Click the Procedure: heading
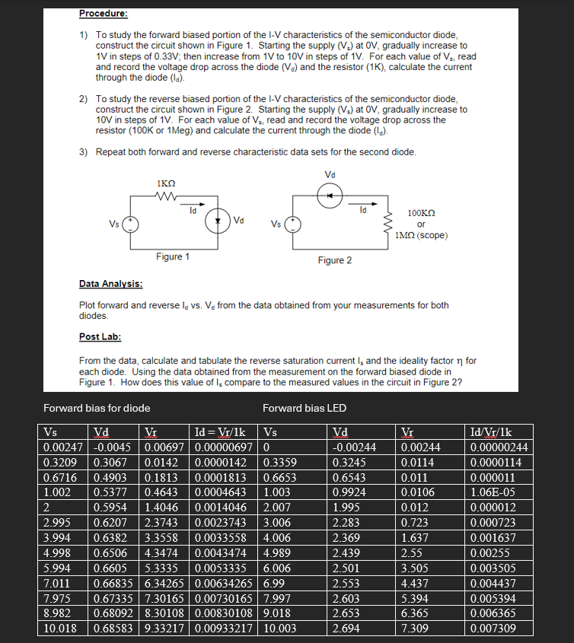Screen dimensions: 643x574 104,13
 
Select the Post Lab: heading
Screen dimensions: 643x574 98,336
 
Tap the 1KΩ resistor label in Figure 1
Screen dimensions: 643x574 165,183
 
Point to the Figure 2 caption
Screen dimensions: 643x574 334,261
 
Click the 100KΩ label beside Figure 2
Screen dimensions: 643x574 421,215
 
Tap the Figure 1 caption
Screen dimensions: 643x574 173,256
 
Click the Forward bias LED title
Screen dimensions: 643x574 304,409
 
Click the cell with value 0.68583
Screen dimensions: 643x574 115,629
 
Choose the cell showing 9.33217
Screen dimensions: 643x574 167,629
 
